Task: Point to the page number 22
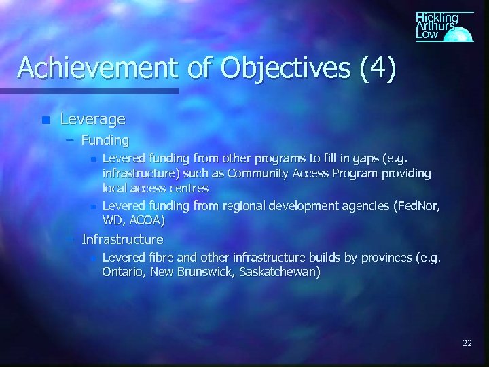click(x=467, y=343)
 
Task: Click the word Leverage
click(x=93, y=120)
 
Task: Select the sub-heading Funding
click(x=105, y=141)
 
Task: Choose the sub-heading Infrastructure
click(x=122, y=239)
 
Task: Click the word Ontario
click(x=122, y=272)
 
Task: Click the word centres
click(x=189, y=188)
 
